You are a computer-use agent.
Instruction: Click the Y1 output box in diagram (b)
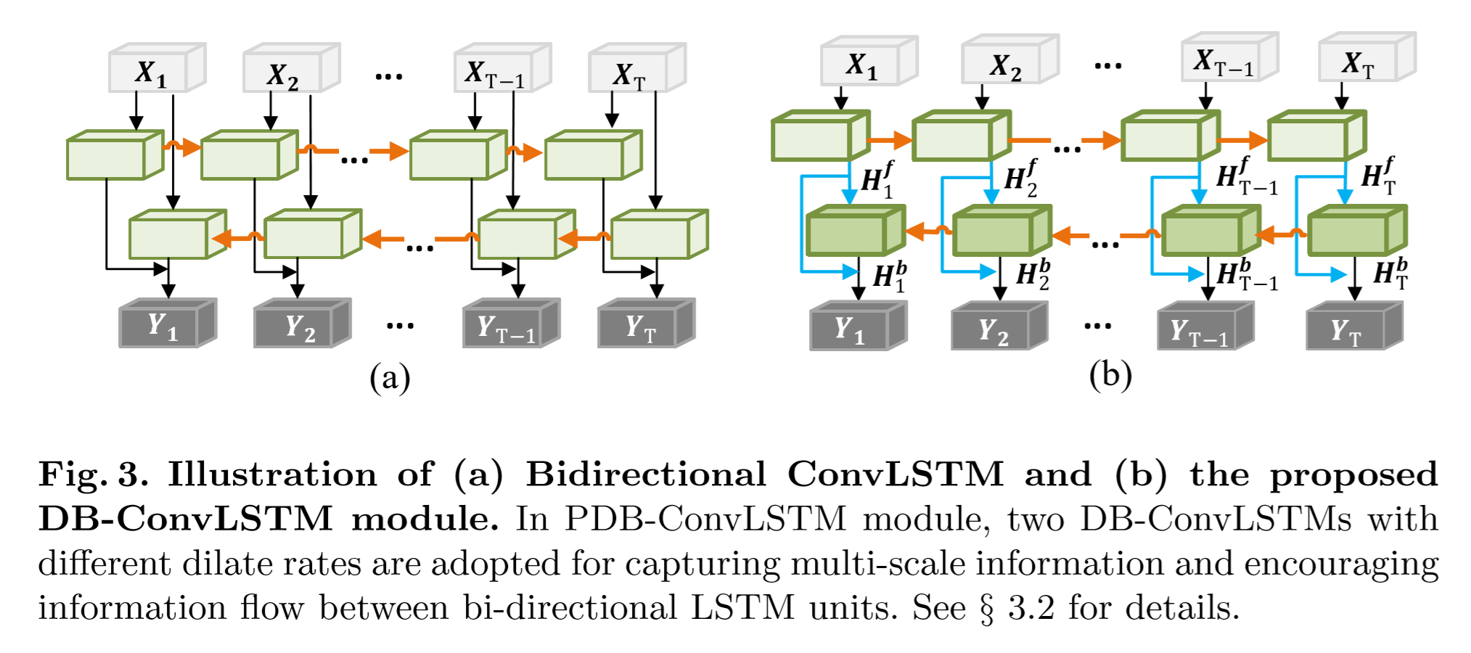(x=849, y=330)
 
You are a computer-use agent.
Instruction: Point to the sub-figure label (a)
(x=390, y=378)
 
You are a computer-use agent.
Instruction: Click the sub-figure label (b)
(x=1110, y=375)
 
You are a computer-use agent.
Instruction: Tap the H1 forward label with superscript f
(x=877, y=178)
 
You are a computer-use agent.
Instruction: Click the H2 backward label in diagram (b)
(x=1033, y=274)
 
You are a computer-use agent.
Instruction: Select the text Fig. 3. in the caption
(x=93, y=475)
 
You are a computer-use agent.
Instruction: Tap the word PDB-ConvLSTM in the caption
(x=705, y=519)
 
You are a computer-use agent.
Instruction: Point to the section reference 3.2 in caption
(x=1031, y=607)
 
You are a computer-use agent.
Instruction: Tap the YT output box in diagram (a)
(x=639, y=327)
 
